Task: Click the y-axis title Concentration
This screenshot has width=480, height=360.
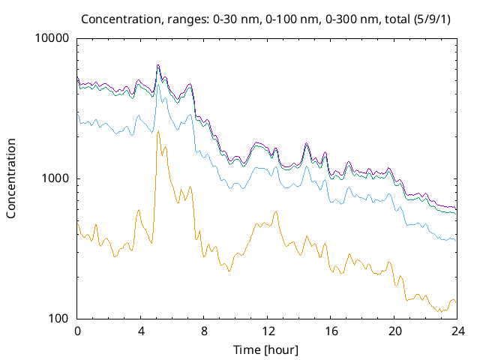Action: [x=11, y=178]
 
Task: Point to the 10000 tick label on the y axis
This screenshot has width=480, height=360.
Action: [x=52, y=39]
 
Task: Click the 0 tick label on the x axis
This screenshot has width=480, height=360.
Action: [x=77, y=331]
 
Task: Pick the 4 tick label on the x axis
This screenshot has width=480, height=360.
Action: [x=141, y=331]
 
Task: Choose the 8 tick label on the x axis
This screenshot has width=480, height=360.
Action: [x=204, y=331]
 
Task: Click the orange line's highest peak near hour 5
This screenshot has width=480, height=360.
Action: [x=158, y=132]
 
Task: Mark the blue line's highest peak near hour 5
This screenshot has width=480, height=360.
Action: [x=157, y=84]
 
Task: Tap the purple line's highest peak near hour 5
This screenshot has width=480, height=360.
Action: [x=158, y=65]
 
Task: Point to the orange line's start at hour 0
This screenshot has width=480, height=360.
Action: [x=78, y=223]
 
